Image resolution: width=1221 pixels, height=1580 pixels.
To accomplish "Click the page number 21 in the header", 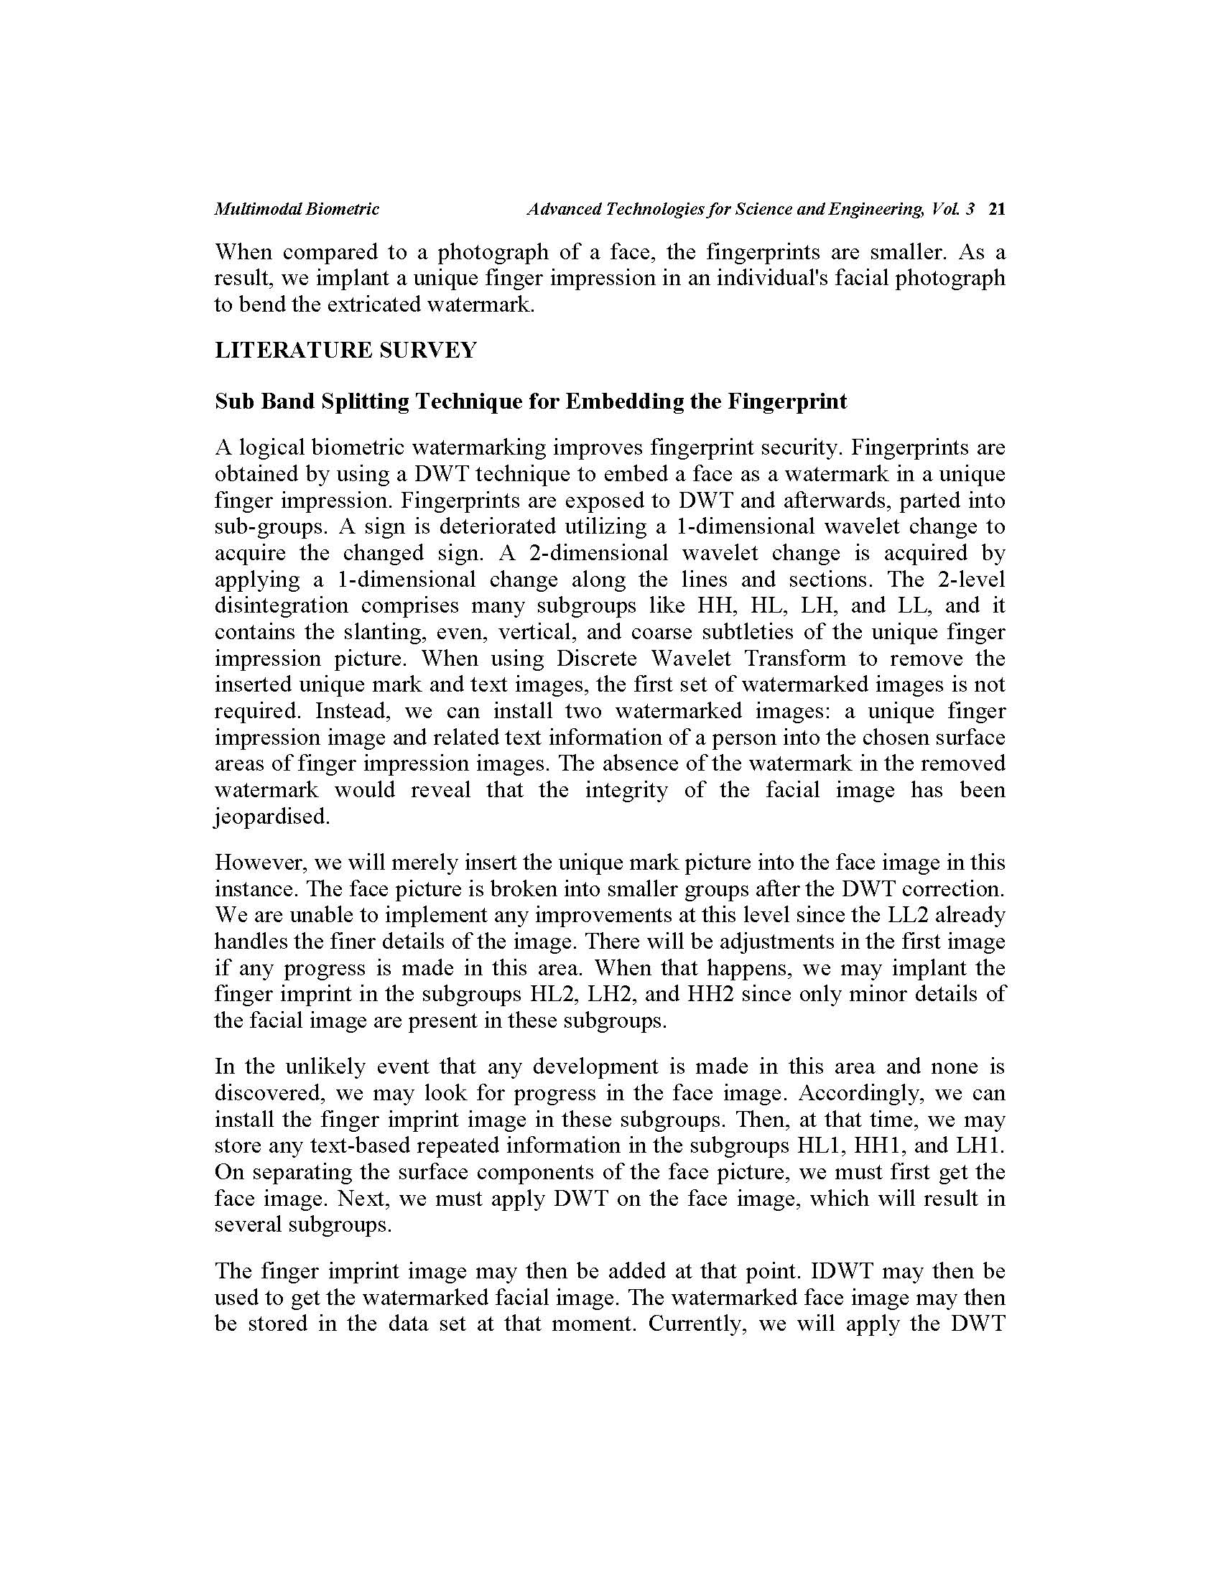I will click(x=997, y=210).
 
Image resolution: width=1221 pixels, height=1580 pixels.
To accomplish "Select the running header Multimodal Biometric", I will click(x=297, y=210).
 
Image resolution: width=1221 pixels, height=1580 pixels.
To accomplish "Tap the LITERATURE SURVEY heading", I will click(x=345, y=351).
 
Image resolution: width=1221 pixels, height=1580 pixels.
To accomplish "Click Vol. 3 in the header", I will click(x=953, y=210).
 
